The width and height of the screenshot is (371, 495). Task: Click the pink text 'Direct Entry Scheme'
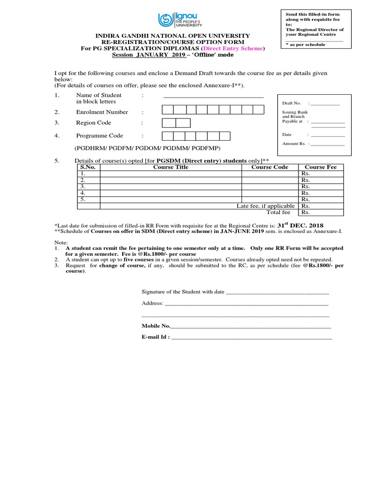click(233, 49)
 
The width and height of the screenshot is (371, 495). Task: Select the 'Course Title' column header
click(171, 167)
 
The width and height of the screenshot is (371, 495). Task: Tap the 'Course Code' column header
click(270, 167)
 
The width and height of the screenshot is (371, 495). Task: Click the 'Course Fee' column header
click(321, 167)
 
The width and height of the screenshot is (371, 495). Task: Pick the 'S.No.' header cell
click(88, 167)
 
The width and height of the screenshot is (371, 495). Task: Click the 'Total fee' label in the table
click(278, 212)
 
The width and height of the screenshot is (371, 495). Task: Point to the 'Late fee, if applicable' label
click(265, 206)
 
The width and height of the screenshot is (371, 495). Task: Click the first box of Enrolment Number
click(168, 110)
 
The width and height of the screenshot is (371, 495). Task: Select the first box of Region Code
click(169, 123)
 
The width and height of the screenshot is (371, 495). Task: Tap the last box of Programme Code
click(224, 136)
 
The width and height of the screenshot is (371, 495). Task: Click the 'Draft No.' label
click(291, 103)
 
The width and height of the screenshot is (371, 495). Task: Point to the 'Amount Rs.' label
click(294, 144)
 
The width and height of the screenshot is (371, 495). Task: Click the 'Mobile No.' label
click(156, 326)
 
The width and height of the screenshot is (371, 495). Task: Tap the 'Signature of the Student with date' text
click(183, 292)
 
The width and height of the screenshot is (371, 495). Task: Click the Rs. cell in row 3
click(305, 186)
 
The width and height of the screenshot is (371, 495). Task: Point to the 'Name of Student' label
click(99, 95)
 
